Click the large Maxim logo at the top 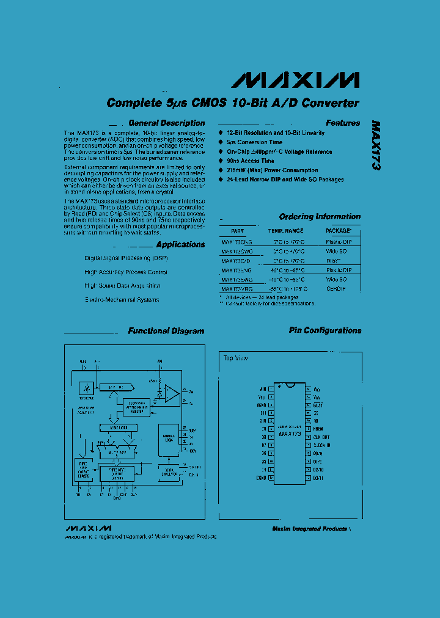[x=298, y=80]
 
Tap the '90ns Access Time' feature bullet [x=251, y=161]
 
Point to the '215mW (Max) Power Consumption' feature [x=272, y=170]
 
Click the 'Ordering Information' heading [x=320, y=217]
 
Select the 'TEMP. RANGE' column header [x=285, y=231]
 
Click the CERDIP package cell [x=337, y=288]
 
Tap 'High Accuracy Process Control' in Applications [x=125, y=272]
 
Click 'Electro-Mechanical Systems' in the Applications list [x=122, y=300]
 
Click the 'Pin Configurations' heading [x=324, y=330]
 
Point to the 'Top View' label [x=235, y=358]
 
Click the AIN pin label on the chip [x=263, y=388]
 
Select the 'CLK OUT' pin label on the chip [x=321, y=437]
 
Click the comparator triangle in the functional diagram [x=172, y=394]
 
